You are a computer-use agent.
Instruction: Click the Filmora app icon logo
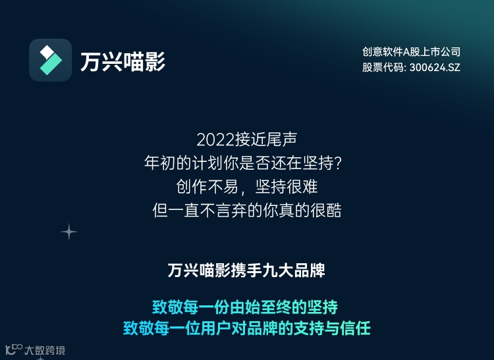click(50, 60)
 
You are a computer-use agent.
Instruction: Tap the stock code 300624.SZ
click(435, 67)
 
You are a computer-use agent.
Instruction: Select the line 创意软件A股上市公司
click(411, 51)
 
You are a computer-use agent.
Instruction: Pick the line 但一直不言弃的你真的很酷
click(246, 211)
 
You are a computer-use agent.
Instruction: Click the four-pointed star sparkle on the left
click(69, 232)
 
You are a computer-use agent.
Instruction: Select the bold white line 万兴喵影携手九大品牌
click(246, 271)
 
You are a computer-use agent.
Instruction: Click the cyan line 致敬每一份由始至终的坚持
click(245, 307)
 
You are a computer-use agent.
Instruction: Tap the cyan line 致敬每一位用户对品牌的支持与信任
click(246, 328)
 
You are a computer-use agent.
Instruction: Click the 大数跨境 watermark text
click(45, 350)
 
